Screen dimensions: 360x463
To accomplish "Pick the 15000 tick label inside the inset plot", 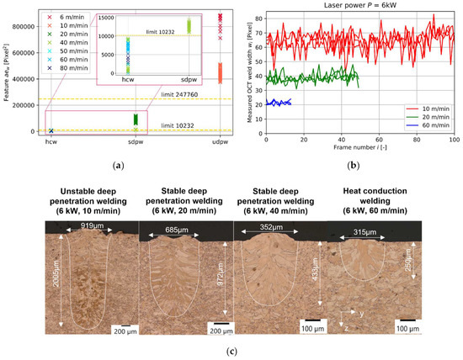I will (x=110, y=17).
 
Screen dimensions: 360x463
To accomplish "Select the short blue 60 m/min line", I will (x=278, y=102).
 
